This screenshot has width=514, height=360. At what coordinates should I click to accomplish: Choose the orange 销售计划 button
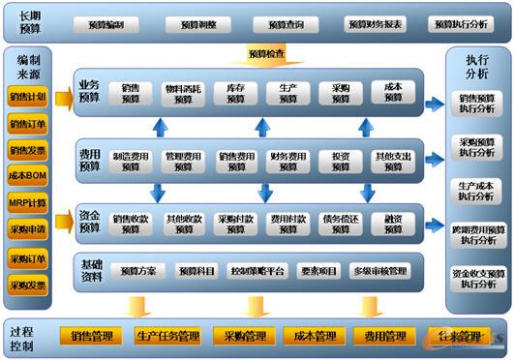[x=27, y=97]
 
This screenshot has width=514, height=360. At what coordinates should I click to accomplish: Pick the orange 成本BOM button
[x=27, y=176]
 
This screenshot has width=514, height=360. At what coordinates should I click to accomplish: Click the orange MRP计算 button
[x=27, y=203]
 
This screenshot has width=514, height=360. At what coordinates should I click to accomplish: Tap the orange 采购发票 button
[x=27, y=285]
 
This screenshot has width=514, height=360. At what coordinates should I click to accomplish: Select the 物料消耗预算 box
[x=183, y=93]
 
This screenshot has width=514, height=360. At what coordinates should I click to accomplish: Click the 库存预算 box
[x=235, y=93]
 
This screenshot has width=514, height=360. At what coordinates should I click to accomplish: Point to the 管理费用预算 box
[x=183, y=161]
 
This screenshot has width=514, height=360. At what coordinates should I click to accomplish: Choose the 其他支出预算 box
[x=394, y=161]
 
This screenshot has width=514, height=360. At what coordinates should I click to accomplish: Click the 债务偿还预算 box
[x=341, y=224]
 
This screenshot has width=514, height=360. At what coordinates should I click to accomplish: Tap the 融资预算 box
[x=394, y=224]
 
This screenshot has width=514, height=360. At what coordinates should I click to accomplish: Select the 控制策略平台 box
[x=257, y=271]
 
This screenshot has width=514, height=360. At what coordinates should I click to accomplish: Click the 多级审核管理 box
[x=380, y=271]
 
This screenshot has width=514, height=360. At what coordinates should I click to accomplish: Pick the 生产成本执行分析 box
[x=477, y=191]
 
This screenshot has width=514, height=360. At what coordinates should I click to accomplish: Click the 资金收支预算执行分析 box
[x=477, y=279]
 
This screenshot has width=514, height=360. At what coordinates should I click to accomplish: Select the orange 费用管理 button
[x=380, y=337]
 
